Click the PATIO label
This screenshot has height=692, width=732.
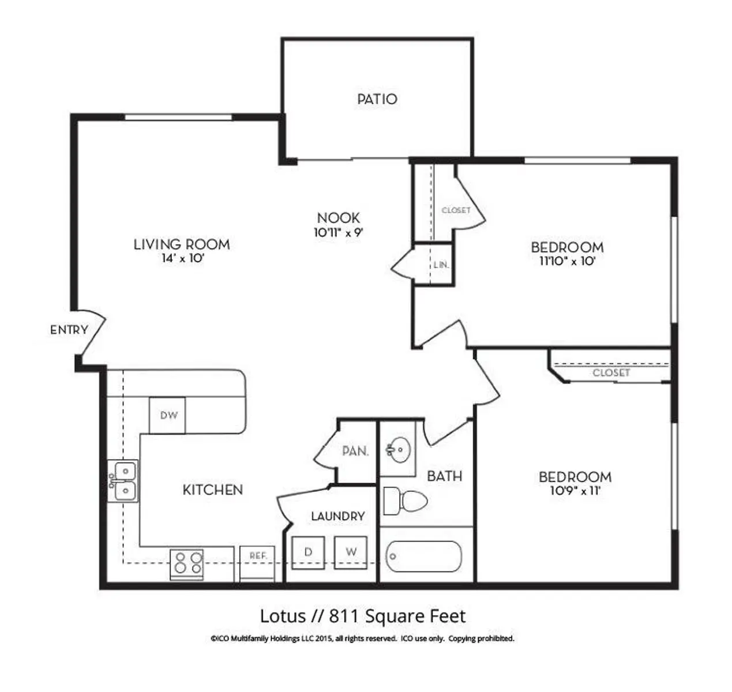pos(377,99)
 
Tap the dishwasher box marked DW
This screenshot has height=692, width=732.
pos(167,415)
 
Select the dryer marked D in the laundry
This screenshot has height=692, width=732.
pos(308,552)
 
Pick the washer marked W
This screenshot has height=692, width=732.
pos(351,552)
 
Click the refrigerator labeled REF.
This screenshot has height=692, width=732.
pos(257,563)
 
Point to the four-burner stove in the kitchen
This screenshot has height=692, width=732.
pos(186,565)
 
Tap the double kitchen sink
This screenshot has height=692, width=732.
pos(123,481)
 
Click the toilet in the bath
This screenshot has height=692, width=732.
pos(405,501)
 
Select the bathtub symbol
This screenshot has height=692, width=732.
pos(424,556)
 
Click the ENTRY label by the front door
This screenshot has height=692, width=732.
pos(69,329)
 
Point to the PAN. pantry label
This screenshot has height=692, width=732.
pos(355,451)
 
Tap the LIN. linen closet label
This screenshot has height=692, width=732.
pos(441,265)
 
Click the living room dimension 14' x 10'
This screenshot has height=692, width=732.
pos(182,258)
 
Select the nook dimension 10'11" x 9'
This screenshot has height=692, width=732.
pos(338,232)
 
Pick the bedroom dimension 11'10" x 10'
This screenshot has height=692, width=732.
pos(567,261)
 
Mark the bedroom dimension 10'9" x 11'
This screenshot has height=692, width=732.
pos(575,491)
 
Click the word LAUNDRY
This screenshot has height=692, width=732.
pos(337,516)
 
